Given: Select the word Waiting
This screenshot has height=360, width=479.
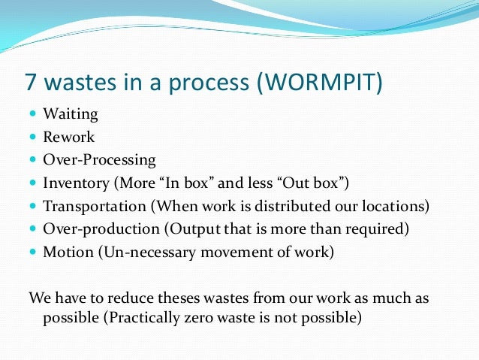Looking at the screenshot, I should click(71, 115).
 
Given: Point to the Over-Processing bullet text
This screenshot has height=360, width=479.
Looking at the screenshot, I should click(100, 161).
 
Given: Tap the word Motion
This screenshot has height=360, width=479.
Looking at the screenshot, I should click(67, 251).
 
